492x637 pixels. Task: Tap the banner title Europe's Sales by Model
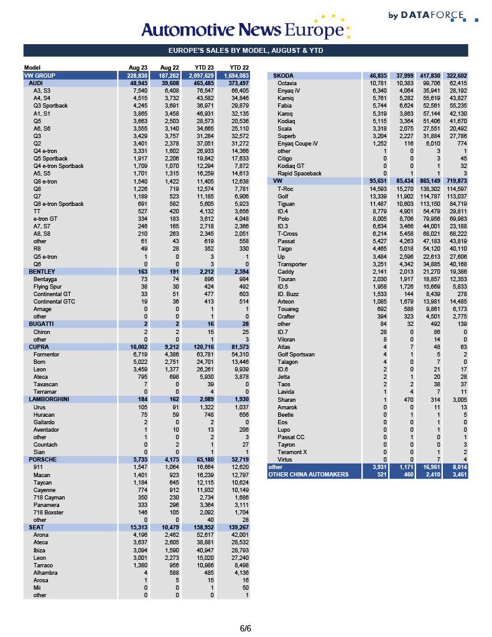246,51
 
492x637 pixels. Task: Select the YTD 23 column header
206,68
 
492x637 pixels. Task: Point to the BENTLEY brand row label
42,272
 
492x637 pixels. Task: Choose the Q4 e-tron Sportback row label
58,166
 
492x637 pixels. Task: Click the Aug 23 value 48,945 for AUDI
138,83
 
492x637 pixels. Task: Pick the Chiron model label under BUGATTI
42,332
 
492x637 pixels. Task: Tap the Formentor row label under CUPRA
47,355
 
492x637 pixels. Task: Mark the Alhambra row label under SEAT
45,573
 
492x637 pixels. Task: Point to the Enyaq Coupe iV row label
297,144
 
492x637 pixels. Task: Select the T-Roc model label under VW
285,188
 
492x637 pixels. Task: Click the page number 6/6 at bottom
246,628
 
